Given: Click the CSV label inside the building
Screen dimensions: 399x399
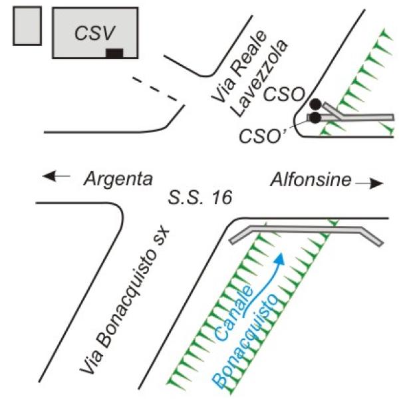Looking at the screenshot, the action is click(x=94, y=33).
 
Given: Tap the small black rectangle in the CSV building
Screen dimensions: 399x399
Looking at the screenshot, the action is click(x=114, y=53).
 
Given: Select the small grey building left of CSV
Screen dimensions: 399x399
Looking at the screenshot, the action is click(x=27, y=26).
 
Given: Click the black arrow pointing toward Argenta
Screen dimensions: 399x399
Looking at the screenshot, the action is click(x=56, y=176).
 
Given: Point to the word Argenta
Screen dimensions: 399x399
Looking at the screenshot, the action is click(x=118, y=180).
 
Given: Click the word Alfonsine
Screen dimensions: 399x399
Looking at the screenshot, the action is click(x=311, y=180).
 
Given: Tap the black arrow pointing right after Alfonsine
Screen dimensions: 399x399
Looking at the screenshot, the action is click(x=369, y=184).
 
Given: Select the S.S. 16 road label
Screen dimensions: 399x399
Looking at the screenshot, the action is click(x=200, y=198).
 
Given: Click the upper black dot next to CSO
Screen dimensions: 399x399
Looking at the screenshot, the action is click(x=316, y=104).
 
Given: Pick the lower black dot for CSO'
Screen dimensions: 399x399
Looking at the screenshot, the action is click(x=316, y=118).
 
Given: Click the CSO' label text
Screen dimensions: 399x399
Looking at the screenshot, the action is click(x=262, y=136).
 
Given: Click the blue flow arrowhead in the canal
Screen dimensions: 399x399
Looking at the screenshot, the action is click(x=280, y=259).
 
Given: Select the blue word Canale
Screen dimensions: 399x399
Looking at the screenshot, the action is click(x=234, y=313).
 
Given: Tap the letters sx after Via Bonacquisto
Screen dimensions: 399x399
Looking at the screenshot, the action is click(x=162, y=237).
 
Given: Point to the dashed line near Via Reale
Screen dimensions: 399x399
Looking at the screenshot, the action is click(x=155, y=88).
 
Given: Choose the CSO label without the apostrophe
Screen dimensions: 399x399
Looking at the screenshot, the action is click(x=284, y=94).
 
